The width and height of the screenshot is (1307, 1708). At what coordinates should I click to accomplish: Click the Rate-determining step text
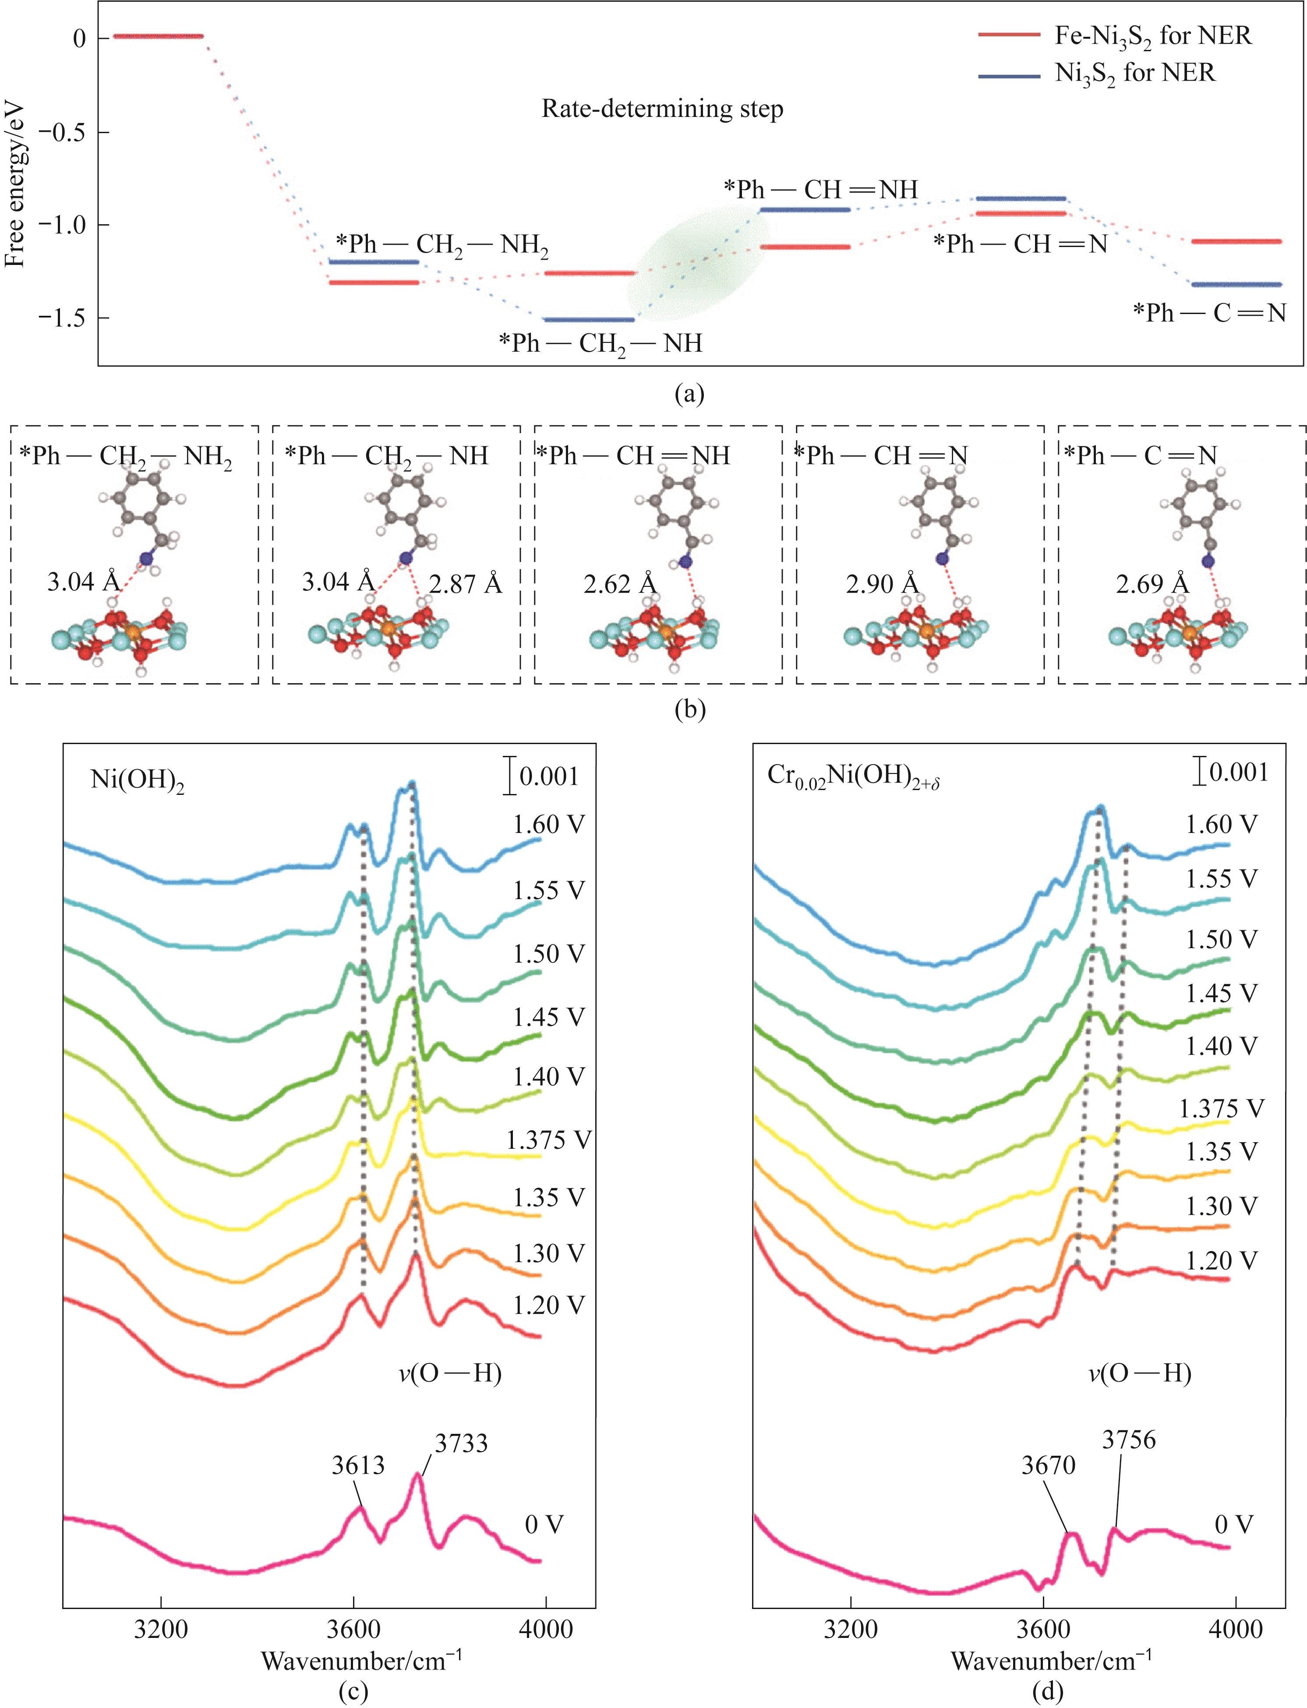662,109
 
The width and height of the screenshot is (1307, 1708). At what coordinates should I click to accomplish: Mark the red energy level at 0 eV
158,36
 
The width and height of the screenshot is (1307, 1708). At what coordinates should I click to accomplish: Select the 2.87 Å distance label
465,583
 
